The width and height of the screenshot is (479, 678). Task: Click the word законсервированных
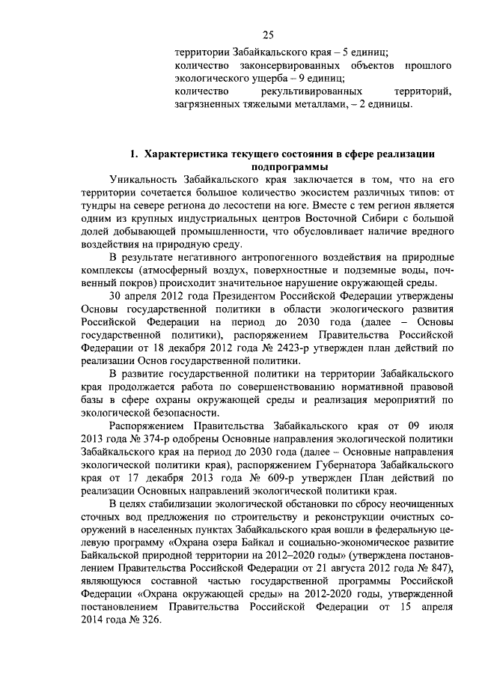click(285, 67)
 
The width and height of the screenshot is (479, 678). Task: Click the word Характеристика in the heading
click(186, 154)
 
